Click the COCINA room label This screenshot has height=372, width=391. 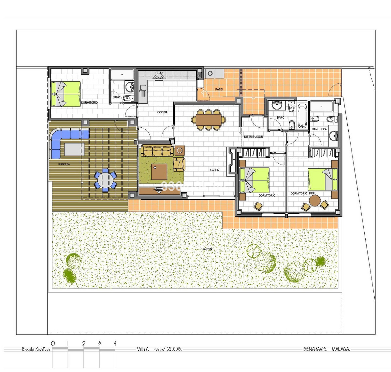pos(162,112)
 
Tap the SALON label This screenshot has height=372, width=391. pos(215,170)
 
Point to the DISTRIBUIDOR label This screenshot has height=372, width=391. pos(253,137)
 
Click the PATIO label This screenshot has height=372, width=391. pos(219,89)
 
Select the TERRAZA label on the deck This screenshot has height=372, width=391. pos(64,165)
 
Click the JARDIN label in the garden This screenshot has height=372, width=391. pos(207,249)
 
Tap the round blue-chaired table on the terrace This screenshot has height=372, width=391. pos(105,179)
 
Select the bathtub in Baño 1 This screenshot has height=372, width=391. pos(302,116)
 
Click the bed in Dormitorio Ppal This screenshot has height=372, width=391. pos(323,179)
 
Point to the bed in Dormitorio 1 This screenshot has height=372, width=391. pos(254,180)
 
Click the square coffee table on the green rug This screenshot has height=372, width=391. pos(159,172)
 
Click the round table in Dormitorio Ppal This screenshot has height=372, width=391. pos(315,201)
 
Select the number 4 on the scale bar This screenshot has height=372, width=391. pos(115,343)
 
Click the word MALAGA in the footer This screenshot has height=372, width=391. pos(341,350)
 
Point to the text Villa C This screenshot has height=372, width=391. pos(143,350)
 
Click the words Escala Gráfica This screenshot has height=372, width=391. pos(36,350)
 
